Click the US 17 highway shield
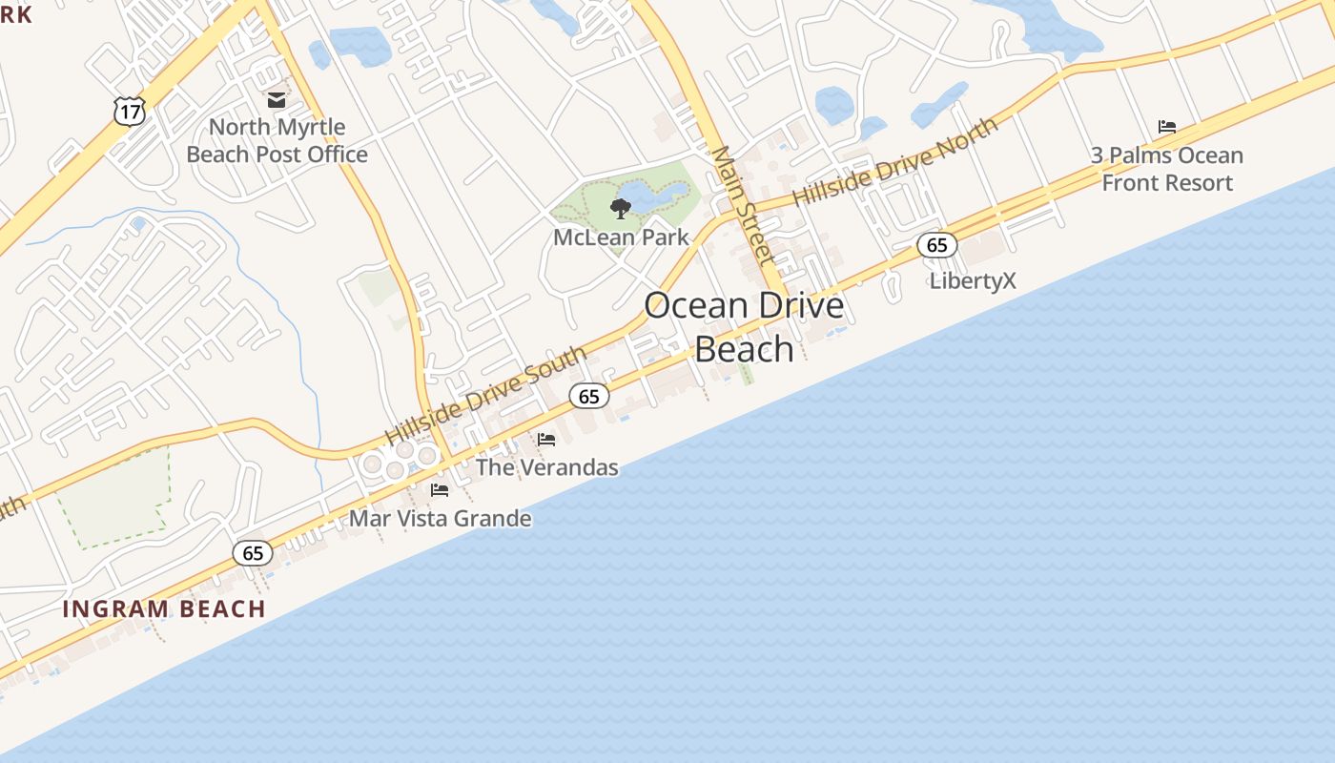[x=130, y=111]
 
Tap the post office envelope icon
[x=277, y=99]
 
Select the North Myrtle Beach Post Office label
[x=277, y=140]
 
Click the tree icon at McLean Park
[x=621, y=208]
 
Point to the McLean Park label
[x=621, y=237]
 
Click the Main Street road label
[x=743, y=205]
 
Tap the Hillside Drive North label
[x=895, y=160]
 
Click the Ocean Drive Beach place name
[x=744, y=327]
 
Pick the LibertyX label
[x=973, y=280]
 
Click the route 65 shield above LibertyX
[x=937, y=245]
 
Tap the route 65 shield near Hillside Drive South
[x=589, y=396]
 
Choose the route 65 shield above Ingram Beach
[x=253, y=553]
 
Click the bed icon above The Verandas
[x=546, y=440]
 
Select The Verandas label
[x=546, y=467]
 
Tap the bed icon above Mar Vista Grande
[x=440, y=490]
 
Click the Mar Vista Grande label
[x=440, y=519]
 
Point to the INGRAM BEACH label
[x=164, y=608]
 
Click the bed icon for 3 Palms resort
[x=1167, y=127]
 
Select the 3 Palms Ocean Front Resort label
[x=1167, y=169]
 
